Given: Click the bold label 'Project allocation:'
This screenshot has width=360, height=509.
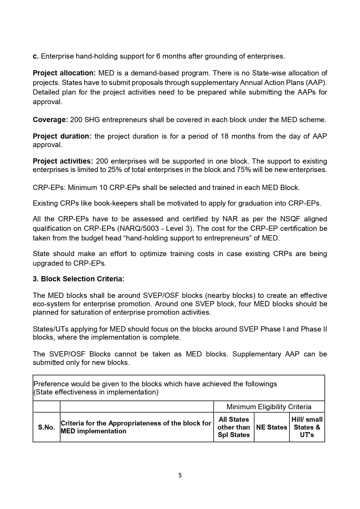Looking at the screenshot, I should pyautogui.click(x=64, y=73).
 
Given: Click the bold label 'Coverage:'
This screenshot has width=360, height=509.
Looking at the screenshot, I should pyautogui.click(x=50, y=120).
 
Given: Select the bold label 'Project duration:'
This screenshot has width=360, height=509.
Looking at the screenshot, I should pyautogui.click(x=62, y=136).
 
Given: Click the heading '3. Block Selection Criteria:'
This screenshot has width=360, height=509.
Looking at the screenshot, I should pyautogui.click(x=78, y=279).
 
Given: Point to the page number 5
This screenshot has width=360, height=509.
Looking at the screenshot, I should pyautogui.click(x=180, y=475).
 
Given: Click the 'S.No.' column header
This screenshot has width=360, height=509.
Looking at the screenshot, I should pyautogui.click(x=46, y=427).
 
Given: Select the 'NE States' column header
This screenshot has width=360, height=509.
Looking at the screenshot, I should pyautogui.click(x=272, y=427).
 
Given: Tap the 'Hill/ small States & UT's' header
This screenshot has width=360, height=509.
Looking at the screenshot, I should pyautogui.click(x=307, y=427).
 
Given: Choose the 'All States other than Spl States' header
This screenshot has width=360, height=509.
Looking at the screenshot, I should pyautogui.click(x=234, y=427).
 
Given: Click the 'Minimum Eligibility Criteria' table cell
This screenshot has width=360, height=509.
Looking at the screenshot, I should pyautogui.click(x=269, y=407).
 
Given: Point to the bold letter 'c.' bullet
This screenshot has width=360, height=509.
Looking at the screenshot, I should pyautogui.click(x=36, y=56).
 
